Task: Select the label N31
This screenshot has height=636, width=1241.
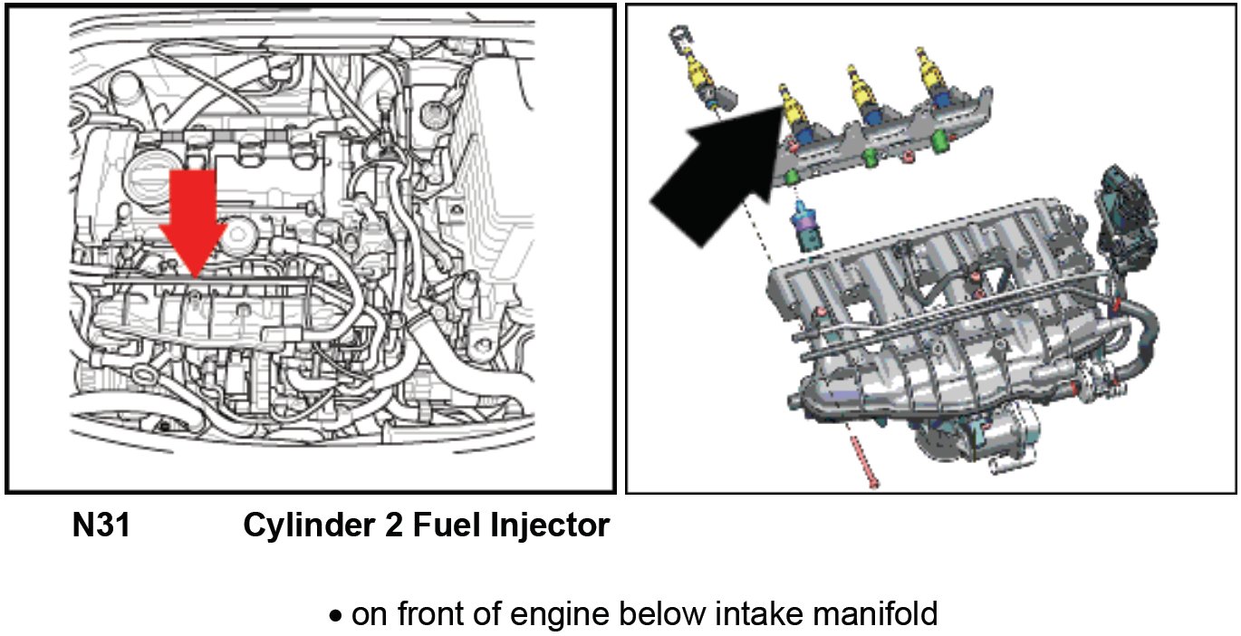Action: point(101,525)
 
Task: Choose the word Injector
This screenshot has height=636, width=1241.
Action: point(548,525)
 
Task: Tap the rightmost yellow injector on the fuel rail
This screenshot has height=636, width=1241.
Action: point(931,72)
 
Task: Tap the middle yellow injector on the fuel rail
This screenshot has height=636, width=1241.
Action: point(860,86)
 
